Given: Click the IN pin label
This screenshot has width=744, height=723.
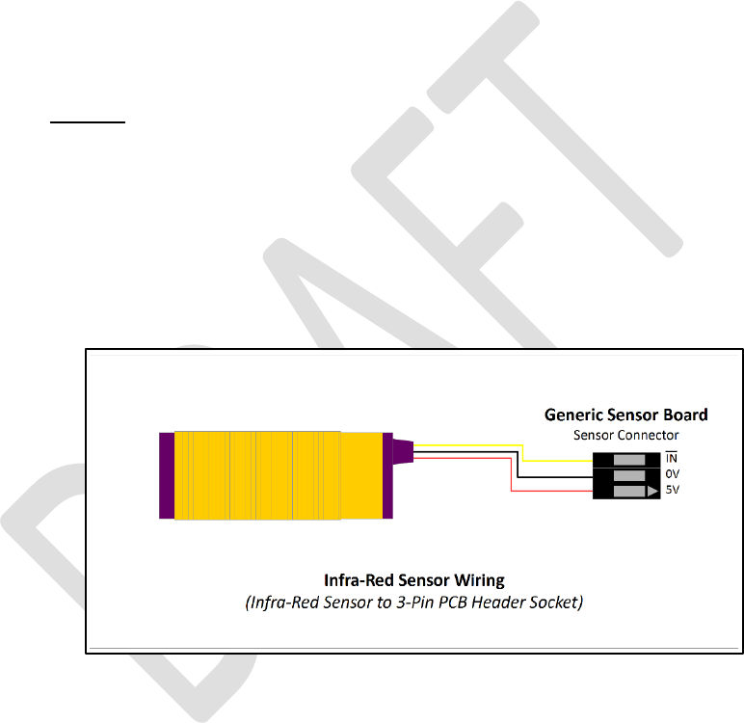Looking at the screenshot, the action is (672, 457).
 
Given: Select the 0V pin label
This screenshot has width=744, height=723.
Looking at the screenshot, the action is (672, 474).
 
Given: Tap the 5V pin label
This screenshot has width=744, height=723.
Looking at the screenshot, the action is (672, 491).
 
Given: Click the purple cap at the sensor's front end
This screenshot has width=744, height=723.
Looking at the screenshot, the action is (167, 474).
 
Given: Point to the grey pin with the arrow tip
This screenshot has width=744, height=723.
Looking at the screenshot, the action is (636, 492).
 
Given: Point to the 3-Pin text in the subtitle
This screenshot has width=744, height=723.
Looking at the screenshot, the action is (414, 602).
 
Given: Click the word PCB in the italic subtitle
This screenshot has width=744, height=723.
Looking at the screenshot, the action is (454, 602).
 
